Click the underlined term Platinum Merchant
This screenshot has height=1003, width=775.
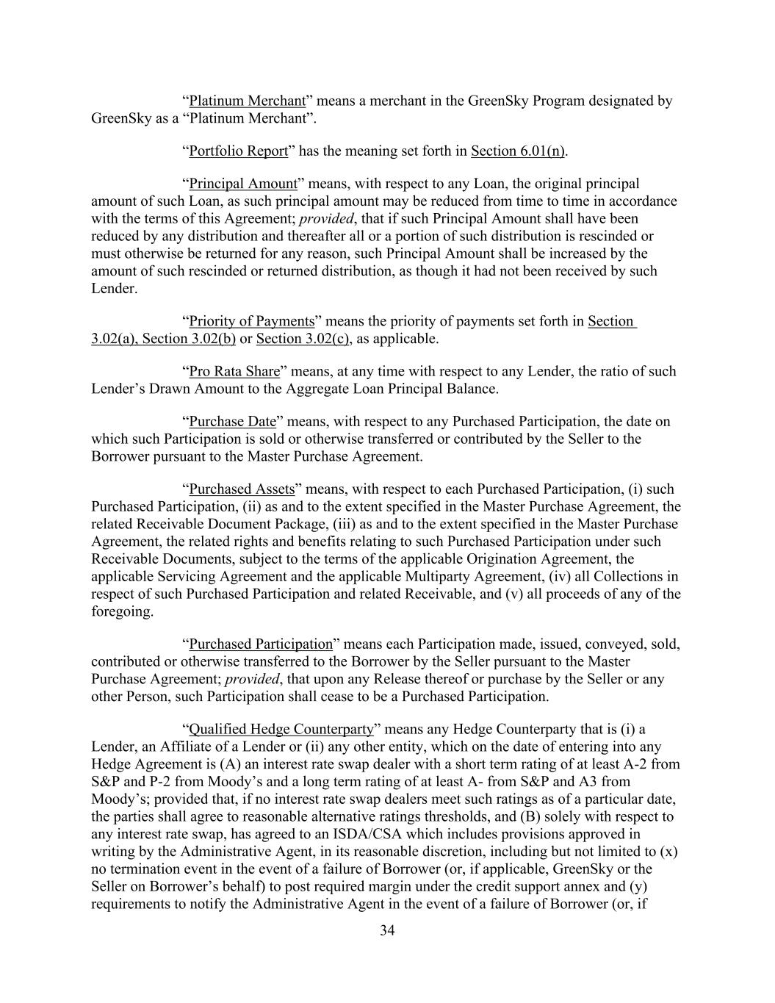coord(247,101)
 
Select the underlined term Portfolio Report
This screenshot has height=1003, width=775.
coord(238,151)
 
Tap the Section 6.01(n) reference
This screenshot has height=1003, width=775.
coord(517,151)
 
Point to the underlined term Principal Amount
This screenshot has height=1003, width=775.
coord(242,183)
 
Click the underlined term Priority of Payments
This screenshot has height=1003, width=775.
coord(252,321)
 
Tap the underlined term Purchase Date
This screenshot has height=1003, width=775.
coord(232,421)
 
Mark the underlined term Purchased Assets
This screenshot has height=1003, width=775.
coord(242,489)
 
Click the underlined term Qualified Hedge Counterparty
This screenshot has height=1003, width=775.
coord(281,729)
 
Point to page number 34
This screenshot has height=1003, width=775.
coord(387,931)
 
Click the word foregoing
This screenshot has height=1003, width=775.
coord(122,611)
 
